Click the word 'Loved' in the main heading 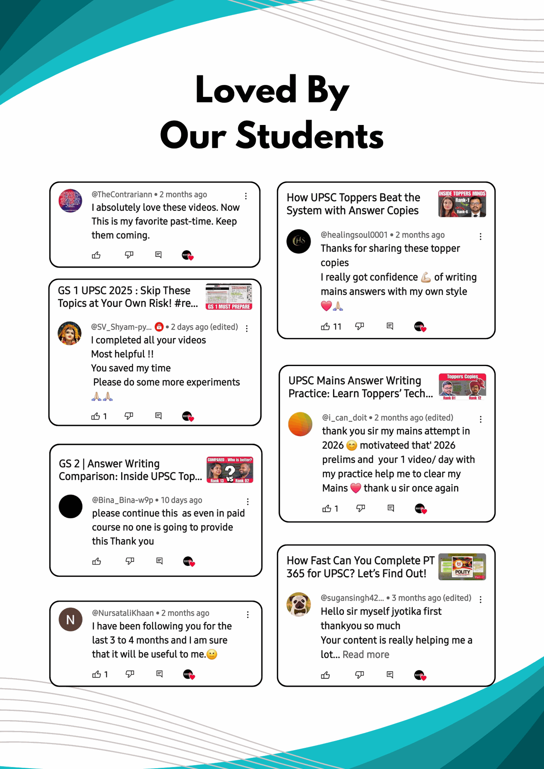coord(246,90)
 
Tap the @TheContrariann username coord(122,195)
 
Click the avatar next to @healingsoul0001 coord(299,241)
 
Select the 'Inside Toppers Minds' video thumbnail coord(462,204)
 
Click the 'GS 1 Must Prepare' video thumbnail coord(229,297)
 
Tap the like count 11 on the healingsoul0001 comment coord(337,327)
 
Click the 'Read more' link coord(366,654)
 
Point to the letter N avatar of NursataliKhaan coord(71,620)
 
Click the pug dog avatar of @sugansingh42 coord(299,604)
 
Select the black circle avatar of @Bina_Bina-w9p coord(71,507)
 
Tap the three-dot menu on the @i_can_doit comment coord(481,419)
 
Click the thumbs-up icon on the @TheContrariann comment coord(96,255)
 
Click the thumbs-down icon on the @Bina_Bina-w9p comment coord(129,561)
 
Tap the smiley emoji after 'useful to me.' coord(212,654)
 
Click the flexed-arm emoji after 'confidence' coord(426,277)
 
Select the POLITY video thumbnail coord(462,567)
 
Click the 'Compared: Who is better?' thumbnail coord(230,470)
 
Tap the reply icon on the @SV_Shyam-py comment coord(158,416)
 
